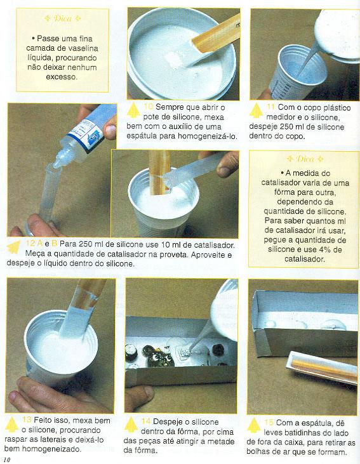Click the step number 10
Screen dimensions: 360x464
tap(148, 107)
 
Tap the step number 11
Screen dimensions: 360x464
tap(270, 107)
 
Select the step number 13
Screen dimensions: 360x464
tap(27, 420)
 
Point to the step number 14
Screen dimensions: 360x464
tap(146, 421)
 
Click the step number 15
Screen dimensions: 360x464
tap(269, 422)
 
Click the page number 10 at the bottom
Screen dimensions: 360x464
tap(6, 460)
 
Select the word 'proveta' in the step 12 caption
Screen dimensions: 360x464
tap(175, 255)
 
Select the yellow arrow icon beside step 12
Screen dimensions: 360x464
tap(14, 247)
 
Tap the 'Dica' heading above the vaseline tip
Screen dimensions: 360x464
tap(62, 18)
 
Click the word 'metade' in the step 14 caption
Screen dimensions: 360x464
tap(220, 441)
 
